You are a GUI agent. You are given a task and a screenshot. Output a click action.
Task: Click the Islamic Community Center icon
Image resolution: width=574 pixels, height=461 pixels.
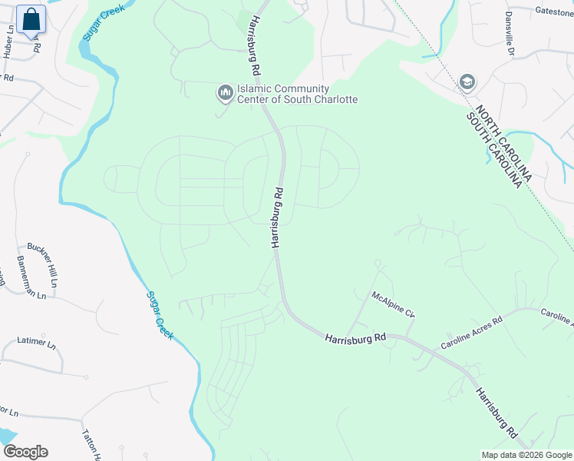225,94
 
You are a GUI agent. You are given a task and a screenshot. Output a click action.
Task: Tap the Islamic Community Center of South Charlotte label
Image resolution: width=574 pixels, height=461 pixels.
297,95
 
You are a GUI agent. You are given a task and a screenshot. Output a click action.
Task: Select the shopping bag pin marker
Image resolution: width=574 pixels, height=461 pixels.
31,20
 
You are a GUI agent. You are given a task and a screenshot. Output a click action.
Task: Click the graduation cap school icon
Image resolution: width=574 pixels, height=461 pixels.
466,81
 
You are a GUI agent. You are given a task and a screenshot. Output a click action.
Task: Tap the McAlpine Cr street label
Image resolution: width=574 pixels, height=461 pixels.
393,304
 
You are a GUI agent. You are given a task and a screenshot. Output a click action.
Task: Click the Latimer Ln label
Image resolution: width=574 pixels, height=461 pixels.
37,341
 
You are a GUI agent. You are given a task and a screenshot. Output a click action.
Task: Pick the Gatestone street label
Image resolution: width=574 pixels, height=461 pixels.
554,12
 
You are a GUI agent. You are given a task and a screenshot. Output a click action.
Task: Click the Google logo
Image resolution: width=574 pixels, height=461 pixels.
25,451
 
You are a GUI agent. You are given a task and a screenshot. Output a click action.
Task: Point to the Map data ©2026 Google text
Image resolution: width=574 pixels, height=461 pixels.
526,455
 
